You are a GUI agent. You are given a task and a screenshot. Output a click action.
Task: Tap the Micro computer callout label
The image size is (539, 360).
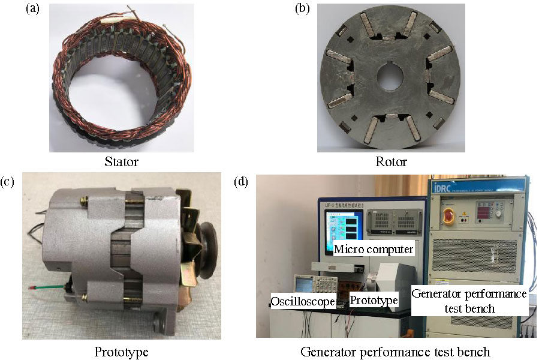click(x=374, y=248)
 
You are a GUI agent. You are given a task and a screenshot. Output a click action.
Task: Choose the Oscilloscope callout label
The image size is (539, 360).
click(x=302, y=301)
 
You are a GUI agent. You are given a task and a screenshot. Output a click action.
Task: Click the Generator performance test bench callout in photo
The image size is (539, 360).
click(x=469, y=301)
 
